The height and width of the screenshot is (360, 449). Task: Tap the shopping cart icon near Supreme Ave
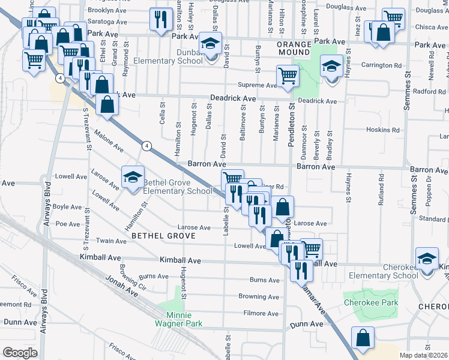tap(288, 76)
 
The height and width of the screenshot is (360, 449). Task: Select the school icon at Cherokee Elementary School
tap(426, 259)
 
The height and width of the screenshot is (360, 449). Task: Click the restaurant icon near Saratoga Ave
tap(160, 20)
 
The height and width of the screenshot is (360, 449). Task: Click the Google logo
tap(20, 353)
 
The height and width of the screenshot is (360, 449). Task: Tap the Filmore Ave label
tap(262, 313)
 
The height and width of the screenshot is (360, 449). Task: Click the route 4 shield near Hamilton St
tap(146, 145)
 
